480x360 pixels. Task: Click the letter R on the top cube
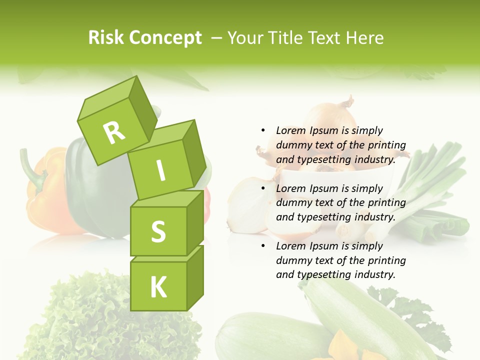click(114, 132)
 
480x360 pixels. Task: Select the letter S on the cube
click(158, 232)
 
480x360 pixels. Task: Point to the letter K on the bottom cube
click(158, 287)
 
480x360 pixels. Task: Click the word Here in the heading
click(364, 37)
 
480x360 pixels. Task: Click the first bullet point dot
click(263, 130)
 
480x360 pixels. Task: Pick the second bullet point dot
click(263, 188)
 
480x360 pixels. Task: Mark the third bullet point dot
click(263, 246)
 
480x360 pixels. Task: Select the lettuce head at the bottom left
click(100, 320)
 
